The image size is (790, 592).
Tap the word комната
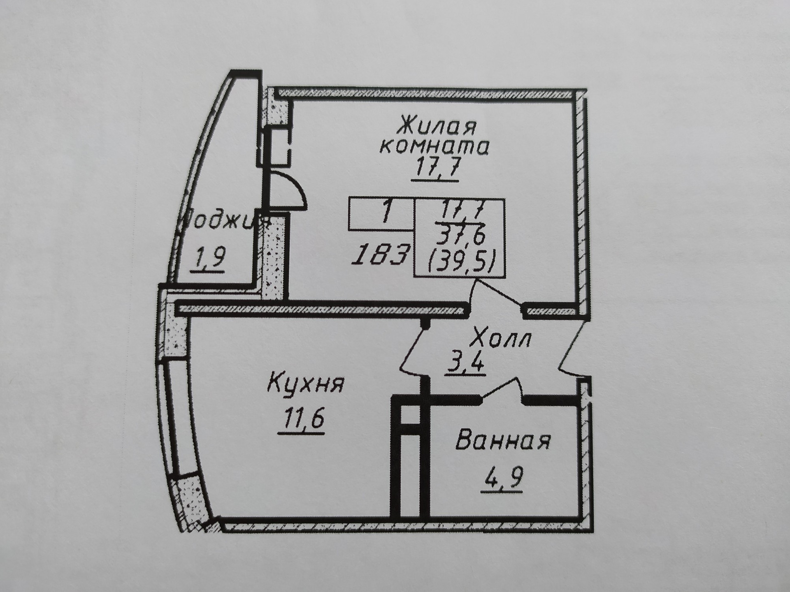(x=434, y=146)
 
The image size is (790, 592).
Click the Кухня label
(x=305, y=384)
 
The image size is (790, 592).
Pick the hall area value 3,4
(x=467, y=362)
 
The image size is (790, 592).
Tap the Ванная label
(x=503, y=441)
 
